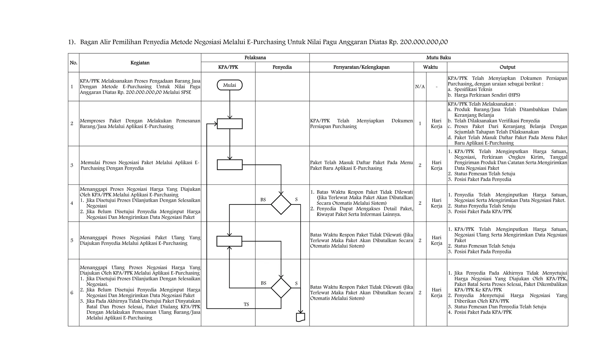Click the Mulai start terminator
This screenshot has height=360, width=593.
click(230, 85)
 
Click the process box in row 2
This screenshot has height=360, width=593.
click(230, 124)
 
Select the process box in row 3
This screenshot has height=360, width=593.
click(230, 165)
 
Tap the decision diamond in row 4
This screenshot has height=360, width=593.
click(281, 204)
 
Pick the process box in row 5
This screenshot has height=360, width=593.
click(229, 241)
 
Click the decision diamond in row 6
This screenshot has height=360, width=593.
click(281, 288)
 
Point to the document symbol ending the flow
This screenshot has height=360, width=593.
click(301, 317)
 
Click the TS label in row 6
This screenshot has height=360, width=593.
click(246, 304)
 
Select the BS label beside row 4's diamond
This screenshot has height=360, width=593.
click(263, 200)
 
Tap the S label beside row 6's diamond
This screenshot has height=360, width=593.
click(296, 283)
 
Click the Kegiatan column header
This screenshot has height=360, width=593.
click(140, 63)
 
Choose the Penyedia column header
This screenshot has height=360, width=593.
click(282, 67)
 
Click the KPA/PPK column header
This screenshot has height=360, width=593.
click(228, 67)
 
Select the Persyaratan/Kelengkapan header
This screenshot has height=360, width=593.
click(361, 67)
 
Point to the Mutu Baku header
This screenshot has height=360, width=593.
click(438, 58)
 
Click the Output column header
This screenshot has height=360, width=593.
click(507, 67)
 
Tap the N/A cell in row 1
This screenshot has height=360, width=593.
click(420, 87)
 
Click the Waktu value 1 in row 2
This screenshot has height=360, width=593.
click(420, 124)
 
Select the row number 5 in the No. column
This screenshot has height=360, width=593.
click(72, 240)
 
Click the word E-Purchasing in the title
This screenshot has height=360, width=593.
click(266, 42)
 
